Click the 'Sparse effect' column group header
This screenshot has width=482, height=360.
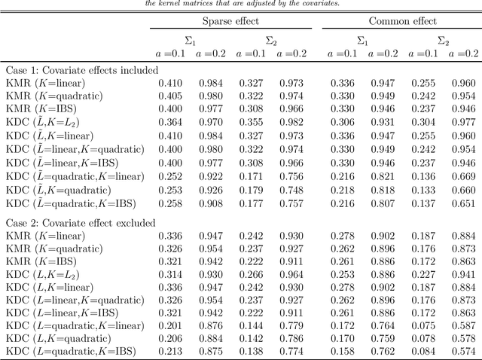click(230, 21)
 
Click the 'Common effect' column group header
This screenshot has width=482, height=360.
click(401, 21)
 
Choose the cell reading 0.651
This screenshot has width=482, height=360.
click(463, 203)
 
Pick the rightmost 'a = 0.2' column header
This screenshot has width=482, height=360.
click(463, 53)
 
